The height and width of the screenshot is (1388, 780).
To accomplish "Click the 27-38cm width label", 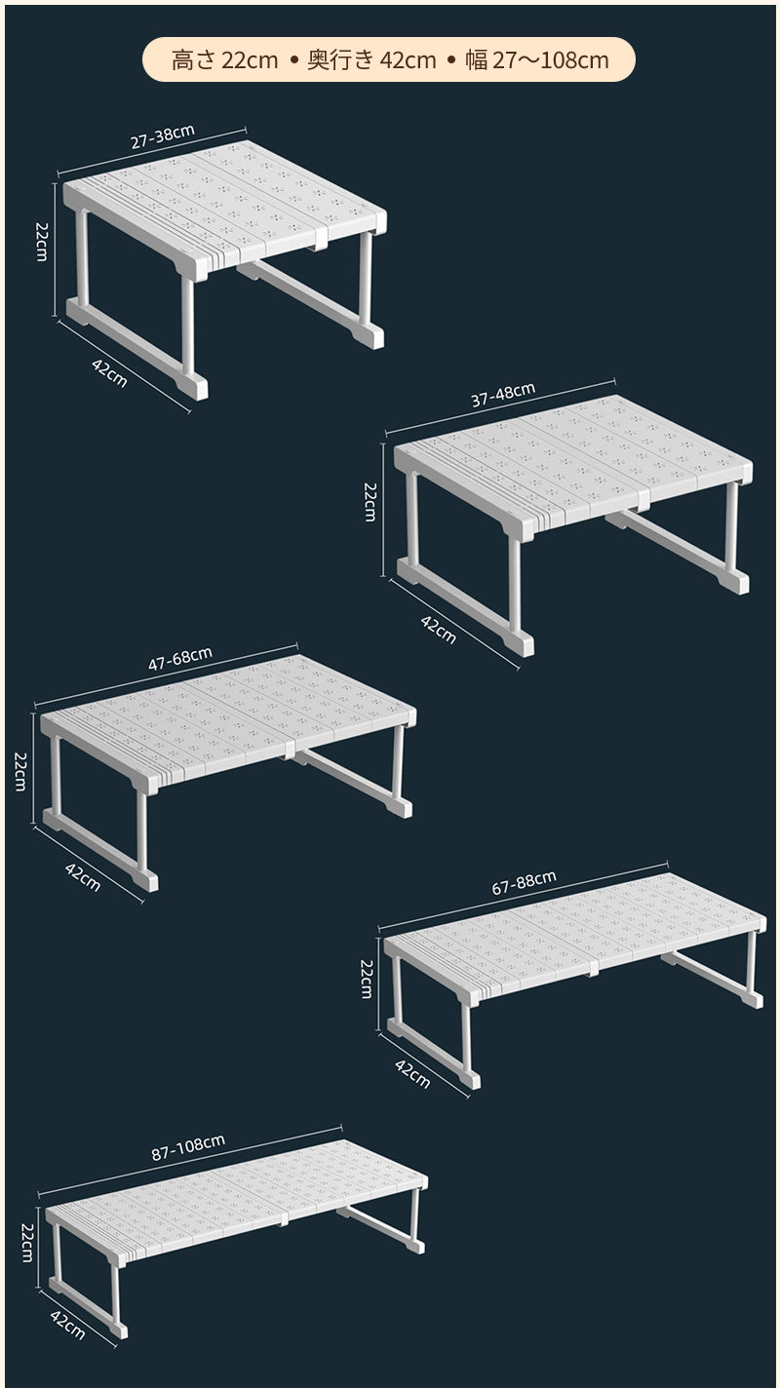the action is [x=163, y=136].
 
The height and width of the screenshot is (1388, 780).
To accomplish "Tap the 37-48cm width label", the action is [x=503, y=395].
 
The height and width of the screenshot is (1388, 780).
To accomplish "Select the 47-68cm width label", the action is [x=179, y=659].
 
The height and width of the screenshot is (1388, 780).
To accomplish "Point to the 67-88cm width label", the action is [x=524, y=883].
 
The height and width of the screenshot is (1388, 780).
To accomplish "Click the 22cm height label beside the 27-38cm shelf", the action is [x=42, y=242].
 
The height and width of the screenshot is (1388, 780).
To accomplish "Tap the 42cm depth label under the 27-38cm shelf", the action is [x=109, y=373].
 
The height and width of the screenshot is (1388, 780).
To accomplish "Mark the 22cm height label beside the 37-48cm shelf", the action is [x=370, y=502].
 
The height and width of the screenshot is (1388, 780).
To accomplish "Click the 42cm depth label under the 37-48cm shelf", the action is [x=438, y=630].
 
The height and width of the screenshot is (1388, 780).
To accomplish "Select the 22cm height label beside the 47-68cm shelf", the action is [x=20, y=771].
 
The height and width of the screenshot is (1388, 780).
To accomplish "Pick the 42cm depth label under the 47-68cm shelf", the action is [x=83, y=877].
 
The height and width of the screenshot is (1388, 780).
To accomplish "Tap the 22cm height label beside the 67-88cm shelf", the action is [x=367, y=979].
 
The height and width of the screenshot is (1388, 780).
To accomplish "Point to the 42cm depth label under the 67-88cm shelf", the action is [x=412, y=1074].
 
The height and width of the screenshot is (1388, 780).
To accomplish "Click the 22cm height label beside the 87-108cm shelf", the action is [x=28, y=1243].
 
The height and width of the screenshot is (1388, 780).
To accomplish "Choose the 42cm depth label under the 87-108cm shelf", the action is [x=67, y=1325].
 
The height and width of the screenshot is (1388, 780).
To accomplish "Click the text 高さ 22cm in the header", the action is [x=224, y=60].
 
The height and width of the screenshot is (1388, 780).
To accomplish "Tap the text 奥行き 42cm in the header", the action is [x=372, y=60].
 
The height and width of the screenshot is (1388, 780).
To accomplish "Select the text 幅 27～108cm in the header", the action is [x=537, y=60].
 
